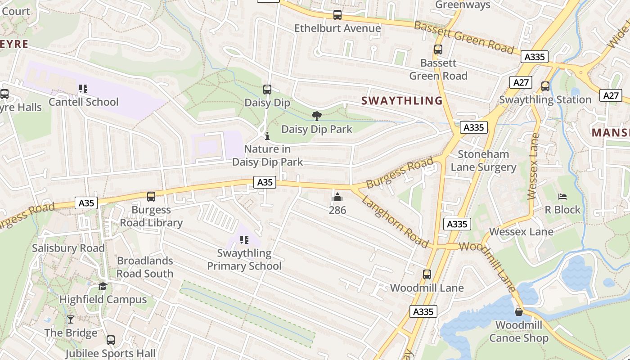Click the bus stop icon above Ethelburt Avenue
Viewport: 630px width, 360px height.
coord(337,15)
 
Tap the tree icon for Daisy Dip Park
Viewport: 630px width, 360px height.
coord(317,116)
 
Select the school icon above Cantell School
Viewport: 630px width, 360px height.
coord(83,89)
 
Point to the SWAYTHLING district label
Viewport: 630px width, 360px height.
coord(402,100)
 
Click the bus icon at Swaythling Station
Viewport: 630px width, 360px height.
coord(545,86)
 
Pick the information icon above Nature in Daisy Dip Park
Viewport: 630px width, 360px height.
coord(267,135)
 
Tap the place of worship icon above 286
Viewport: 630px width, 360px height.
coord(337,197)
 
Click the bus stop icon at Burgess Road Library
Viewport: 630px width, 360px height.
coord(151,197)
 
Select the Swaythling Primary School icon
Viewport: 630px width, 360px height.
coord(244,240)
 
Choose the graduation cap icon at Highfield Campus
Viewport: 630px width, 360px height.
coord(103,286)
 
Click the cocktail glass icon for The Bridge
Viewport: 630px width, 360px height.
coord(71,319)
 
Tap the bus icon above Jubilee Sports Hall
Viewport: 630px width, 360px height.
coord(111,340)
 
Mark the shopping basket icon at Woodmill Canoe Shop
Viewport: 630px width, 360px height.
coord(519,311)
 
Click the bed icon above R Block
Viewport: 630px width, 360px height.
coord(562,197)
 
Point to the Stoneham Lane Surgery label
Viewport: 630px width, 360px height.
coord(483,161)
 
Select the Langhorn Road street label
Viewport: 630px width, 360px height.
coord(395,222)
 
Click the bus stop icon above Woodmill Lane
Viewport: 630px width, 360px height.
coord(427,274)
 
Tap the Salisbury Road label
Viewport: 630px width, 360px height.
coord(68,248)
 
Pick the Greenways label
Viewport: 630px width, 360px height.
coord(463,5)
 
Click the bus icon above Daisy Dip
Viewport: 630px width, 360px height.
coord(267,90)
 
